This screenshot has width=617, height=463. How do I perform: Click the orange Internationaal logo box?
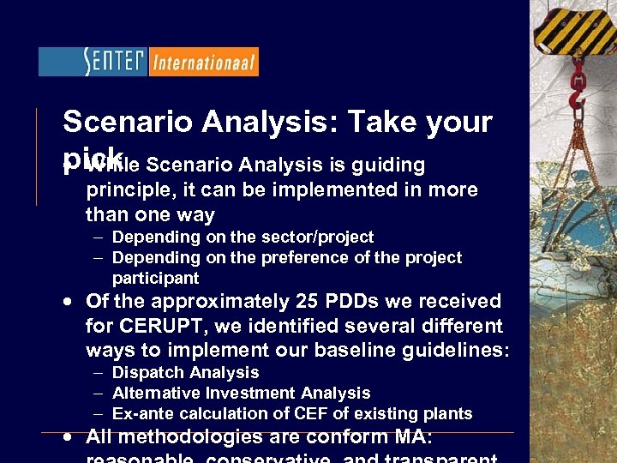[x=203, y=62]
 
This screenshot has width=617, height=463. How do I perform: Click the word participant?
[x=155, y=278]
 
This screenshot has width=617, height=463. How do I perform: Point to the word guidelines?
[x=463, y=350]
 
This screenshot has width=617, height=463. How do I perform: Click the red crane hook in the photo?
[x=578, y=86]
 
